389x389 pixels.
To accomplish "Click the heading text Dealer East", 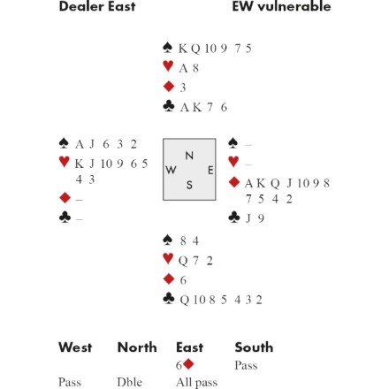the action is pyautogui.click(x=97, y=6).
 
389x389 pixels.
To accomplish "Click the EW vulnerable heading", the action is pyautogui.click(x=281, y=6).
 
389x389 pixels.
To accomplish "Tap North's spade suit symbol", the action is pyautogui.click(x=168, y=48).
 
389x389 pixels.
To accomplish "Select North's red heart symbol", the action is pyautogui.click(x=168, y=66).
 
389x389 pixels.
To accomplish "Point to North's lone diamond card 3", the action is pyautogui.click(x=183, y=88).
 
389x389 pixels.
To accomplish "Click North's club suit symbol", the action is pyautogui.click(x=168, y=106).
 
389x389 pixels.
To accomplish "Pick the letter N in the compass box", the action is pyautogui.click(x=189, y=156).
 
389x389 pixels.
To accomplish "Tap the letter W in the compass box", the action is pyautogui.click(x=171, y=170).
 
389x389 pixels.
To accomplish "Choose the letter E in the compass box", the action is pyautogui.click(x=210, y=171).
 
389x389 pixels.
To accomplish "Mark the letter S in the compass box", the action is pyautogui.click(x=189, y=185).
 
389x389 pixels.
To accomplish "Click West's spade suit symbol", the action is pyautogui.click(x=64, y=143).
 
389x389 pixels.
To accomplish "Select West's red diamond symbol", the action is pyautogui.click(x=65, y=197).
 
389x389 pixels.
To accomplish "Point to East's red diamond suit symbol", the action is pyautogui.click(x=234, y=182).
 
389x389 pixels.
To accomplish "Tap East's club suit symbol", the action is pyautogui.click(x=234, y=217).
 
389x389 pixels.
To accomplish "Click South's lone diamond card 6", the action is pyautogui.click(x=183, y=280).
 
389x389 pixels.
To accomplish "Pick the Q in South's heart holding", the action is pyautogui.click(x=183, y=261).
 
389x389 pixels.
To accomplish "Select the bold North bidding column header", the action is pyautogui.click(x=137, y=347).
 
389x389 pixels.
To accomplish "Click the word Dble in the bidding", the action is pyautogui.click(x=129, y=382).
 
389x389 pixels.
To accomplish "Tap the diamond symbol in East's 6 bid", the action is pyautogui.click(x=188, y=364).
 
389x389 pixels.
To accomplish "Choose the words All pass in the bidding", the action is pyautogui.click(x=196, y=383).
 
